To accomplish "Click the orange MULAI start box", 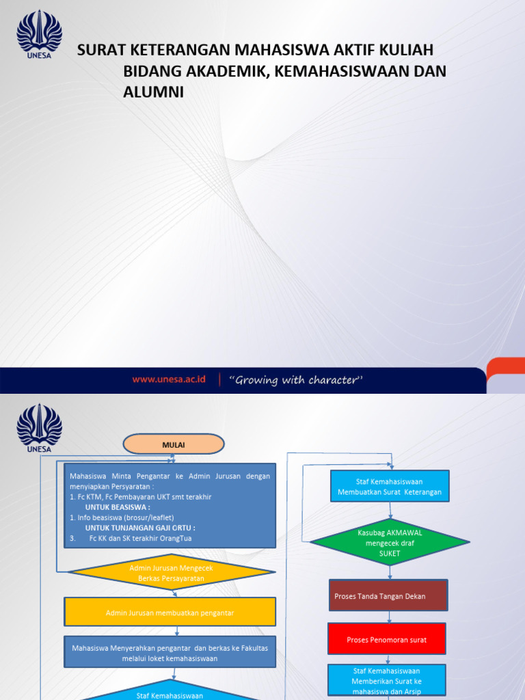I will click(x=174, y=444).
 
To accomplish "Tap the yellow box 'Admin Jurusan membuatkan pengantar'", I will click(x=170, y=612).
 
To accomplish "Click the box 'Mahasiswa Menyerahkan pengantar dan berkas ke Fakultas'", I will click(x=170, y=652).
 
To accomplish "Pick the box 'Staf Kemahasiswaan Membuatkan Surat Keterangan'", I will click(x=390, y=486).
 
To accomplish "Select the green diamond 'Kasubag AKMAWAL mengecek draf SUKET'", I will click(x=390, y=543).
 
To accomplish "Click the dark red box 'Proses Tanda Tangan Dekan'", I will click(x=388, y=596).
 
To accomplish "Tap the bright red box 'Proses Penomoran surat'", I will click(x=387, y=639).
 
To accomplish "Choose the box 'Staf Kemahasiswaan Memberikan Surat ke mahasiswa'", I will click(x=387, y=681).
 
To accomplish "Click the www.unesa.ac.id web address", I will click(x=169, y=380).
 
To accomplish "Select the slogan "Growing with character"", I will click(x=295, y=380).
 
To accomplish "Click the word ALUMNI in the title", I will click(x=153, y=92).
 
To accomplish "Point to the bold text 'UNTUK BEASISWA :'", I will click(x=118, y=507).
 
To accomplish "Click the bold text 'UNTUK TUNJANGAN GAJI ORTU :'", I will click(x=140, y=528).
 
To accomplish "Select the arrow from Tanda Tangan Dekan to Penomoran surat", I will click(x=389, y=617).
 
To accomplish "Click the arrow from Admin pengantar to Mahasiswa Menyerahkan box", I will click(x=176, y=631).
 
